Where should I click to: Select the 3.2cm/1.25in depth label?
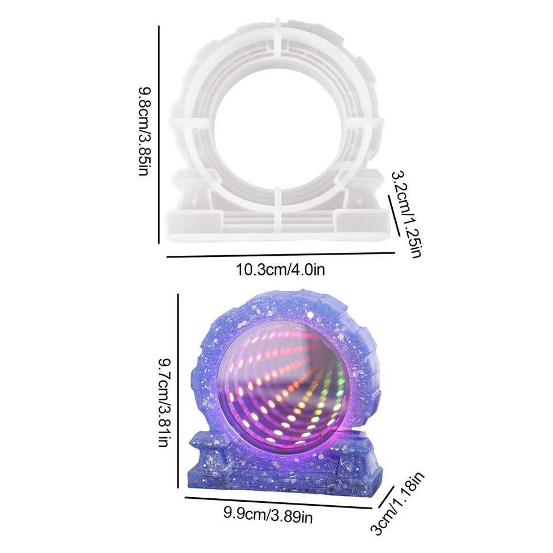coord(407,213)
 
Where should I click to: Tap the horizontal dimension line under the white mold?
coord(281,253)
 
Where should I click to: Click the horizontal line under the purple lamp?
coord(278,502)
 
